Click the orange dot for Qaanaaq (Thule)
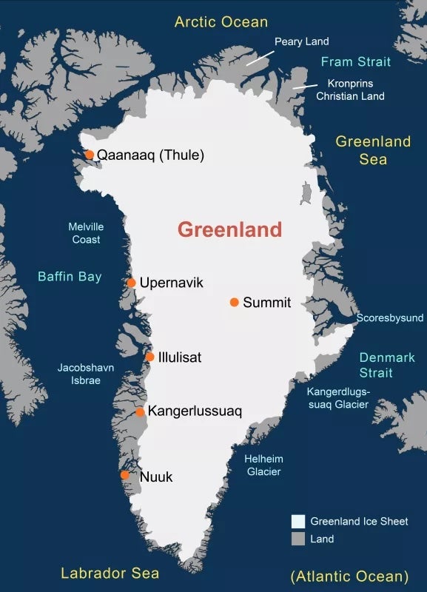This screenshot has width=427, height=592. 89,155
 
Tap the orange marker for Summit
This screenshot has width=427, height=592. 234,302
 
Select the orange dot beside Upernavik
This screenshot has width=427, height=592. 131,283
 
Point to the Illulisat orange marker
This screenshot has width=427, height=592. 149,357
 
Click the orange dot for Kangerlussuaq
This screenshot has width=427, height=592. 140,411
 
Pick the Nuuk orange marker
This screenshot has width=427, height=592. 125,475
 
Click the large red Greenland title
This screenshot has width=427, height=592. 229,229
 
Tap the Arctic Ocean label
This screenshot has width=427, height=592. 221,21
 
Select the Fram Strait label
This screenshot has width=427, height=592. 356,61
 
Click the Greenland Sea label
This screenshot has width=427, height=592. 373,149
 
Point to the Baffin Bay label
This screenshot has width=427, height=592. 70,277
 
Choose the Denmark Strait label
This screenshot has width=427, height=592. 387,365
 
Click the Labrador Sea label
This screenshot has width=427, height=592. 110,573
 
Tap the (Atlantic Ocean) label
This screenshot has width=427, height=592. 349,576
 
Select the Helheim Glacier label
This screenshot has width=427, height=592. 263,465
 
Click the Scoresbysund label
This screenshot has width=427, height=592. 390,318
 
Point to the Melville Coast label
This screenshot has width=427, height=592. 86,233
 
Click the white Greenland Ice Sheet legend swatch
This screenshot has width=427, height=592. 298,521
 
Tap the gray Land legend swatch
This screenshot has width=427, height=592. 298,539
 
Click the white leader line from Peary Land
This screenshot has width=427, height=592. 259,58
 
